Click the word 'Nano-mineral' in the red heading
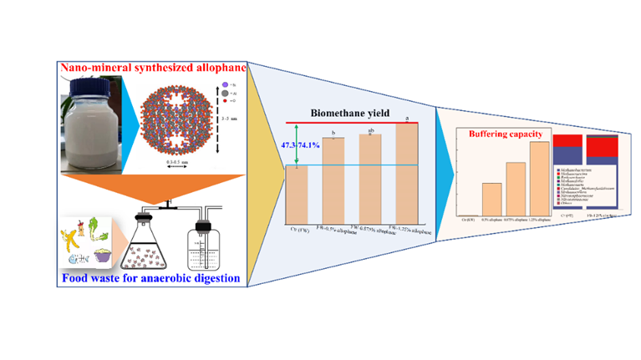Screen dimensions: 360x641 tap(92, 67)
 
